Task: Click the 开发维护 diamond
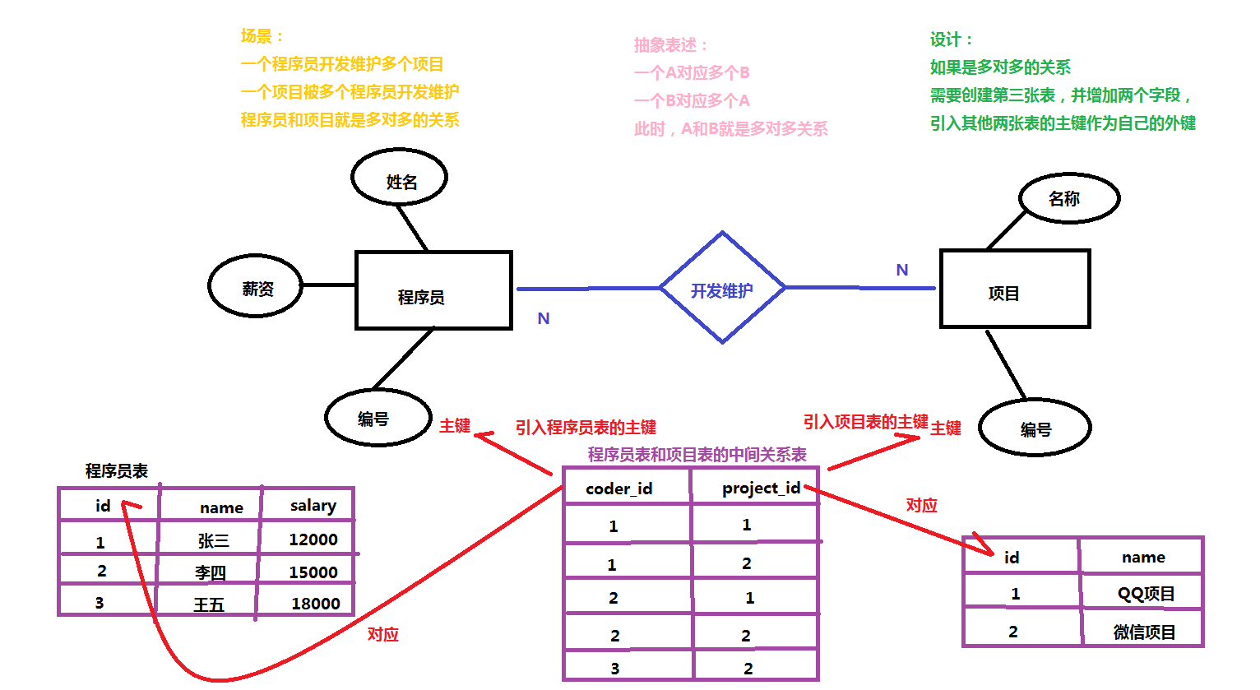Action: click(x=722, y=289)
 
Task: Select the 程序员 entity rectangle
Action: click(x=433, y=290)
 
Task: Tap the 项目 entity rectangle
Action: click(x=1014, y=289)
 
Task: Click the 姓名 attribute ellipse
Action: click(x=400, y=178)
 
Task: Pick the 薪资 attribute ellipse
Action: click(x=255, y=286)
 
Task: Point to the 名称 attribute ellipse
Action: click(x=1068, y=198)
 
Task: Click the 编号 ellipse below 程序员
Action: click(x=378, y=418)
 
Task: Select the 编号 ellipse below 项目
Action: click(x=1035, y=428)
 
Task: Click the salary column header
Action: click(x=313, y=505)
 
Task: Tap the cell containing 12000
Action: click(x=313, y=539)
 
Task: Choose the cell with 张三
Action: click(x=212, y=540)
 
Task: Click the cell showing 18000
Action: click(x=315, y=604)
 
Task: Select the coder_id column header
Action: click(x=618, y=489)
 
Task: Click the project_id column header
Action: click(x=761, y=488)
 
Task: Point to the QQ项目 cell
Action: click(x=1145, y=594)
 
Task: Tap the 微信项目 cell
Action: click(x=1144, y=632)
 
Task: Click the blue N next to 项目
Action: click(x=901, y=270)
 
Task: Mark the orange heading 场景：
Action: click(x=262, y=36)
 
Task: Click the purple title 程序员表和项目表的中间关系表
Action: click(x=697, y=455)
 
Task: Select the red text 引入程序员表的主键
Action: click(x=586, y=428)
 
